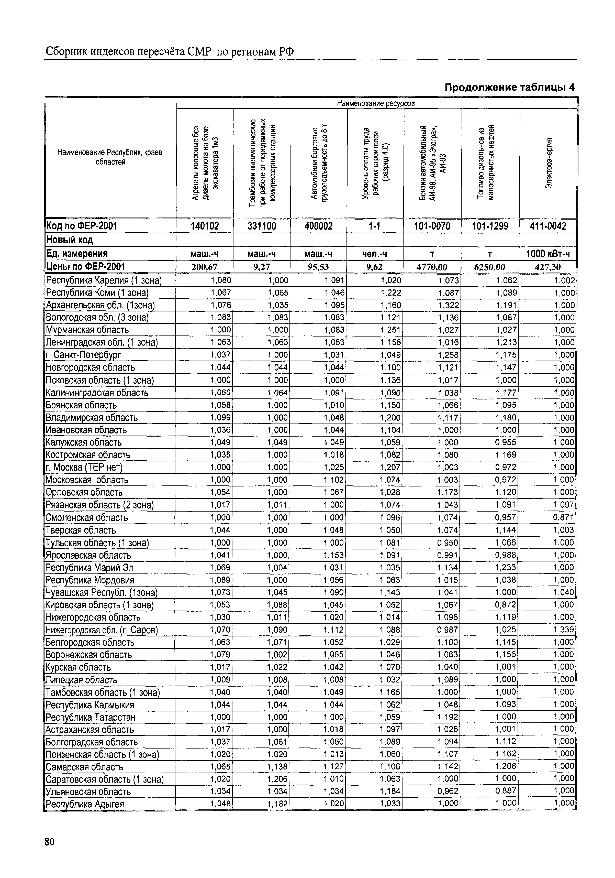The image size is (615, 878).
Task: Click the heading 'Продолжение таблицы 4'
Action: [509, 88]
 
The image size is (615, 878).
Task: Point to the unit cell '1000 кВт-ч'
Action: [548, 254]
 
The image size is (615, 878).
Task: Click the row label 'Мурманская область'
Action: [87, 330]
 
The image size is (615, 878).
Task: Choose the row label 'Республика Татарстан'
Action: [91, 717]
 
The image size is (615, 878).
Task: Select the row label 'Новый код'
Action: [70, 240]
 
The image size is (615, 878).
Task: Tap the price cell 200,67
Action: [205, 267]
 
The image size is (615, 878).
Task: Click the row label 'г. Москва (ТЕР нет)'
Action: [84, 467]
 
